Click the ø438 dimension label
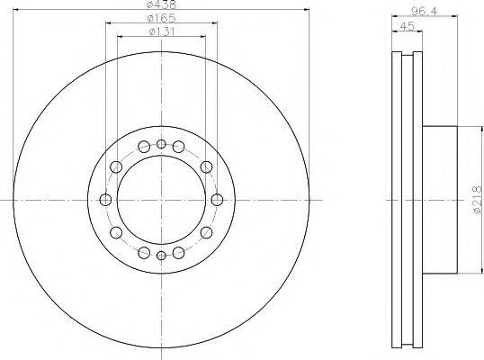pyautogui.click(x=161, y=4)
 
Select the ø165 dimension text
pyautogui.click(x=161, y=18)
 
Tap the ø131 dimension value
pyautogui.click(x=162, y=31)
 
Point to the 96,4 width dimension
pyautogui.click(x=425, y=12)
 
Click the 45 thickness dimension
pyautogui.click(x=407, y=26)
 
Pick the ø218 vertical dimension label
pyautogui.click(x=477, y=200)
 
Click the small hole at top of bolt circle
pyautogui.click(x=161, y=144)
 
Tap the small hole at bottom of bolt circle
pyautogui.click(x=161, y=256)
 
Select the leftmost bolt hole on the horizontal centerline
pyautogui.click(x=105, y=200)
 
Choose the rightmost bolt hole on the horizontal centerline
pyautogui.click(x=217, y=200)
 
